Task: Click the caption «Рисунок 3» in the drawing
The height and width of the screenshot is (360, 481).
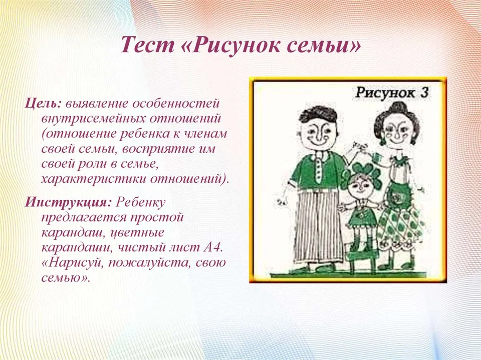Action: tap(391, 93)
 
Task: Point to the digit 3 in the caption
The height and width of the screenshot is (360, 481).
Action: tap(424, 92)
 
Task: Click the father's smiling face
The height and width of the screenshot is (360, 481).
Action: tap(318, 134)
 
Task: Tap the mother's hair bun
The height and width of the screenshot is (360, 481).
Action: tap(397, 107)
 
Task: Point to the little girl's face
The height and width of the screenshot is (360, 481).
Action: tap(361, 185)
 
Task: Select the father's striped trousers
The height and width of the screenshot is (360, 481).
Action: tap(318, 225)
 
